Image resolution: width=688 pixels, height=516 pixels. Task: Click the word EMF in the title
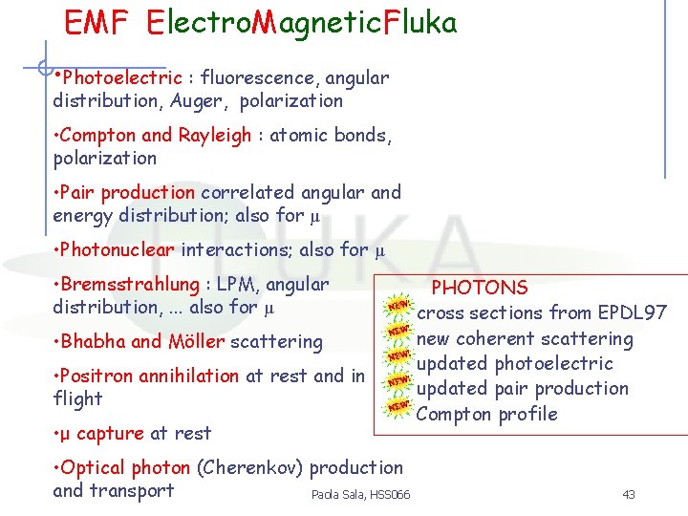pyautogui.click(x=96, y=23)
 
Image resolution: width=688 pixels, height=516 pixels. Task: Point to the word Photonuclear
pyautogui.click(x=118, y=250)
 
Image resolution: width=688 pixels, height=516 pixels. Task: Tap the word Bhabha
pyautogui.click(x=93, y=342)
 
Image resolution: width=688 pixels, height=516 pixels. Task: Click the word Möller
pyautogui.click(x=195, y=342)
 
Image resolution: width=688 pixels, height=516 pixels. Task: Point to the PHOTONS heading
pyautogui.click(x=480, y=288)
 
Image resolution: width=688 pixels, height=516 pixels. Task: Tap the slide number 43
pyautogui.click(x=628, y=494)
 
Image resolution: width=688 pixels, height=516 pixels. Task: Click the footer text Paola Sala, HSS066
pyautogui.click(x=360, y=494)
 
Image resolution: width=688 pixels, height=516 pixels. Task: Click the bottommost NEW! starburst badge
pyautogui.click(x=399, y=406)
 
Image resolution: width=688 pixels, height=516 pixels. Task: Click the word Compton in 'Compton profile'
pyautogui.click(x=451, y=414)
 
